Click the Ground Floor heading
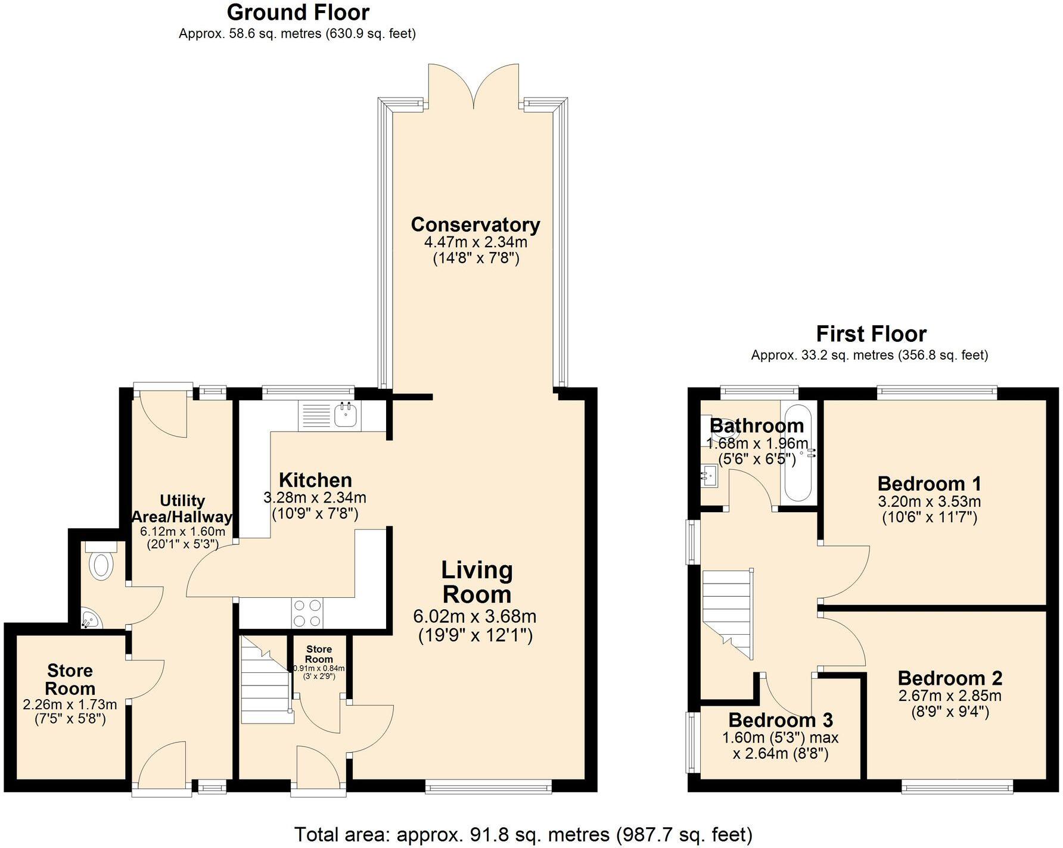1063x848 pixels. click(x=298, y=13)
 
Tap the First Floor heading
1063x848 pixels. click(x=871, y=333)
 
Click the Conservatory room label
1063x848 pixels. click(x=475, y=225)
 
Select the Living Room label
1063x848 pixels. click(x=476, y=582)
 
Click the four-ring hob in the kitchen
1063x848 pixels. click(x=307, y=613)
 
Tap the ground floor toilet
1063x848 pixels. click(x=100, y=562)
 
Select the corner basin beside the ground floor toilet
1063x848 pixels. click(x=89, y=619)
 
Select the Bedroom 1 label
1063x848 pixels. click(x=929, y=484)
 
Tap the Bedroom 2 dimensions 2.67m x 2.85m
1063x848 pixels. click(x=950, y=696)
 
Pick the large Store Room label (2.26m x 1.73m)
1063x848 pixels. click(x=70, y=679)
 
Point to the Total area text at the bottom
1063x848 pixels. click(x=523, y=834)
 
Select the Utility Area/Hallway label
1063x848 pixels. click(x=182, y=509)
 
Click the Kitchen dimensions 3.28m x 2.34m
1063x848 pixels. click(x=315, y=497)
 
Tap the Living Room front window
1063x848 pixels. click(x=489, y=788)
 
